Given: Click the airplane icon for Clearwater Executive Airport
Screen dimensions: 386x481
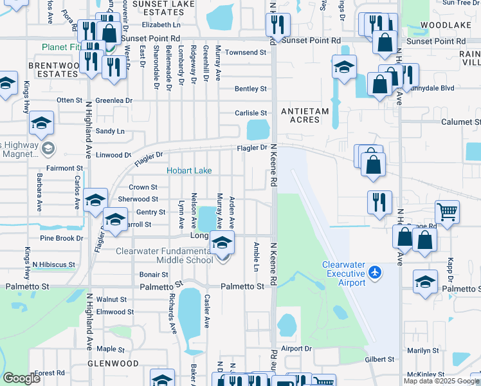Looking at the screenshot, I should point(376,273).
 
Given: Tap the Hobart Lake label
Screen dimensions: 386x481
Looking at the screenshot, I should point(189,171).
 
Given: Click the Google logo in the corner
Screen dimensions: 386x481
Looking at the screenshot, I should point(22,378).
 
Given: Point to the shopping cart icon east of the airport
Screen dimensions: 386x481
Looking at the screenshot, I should point(447,212).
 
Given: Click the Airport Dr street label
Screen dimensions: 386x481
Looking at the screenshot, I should point(296,348).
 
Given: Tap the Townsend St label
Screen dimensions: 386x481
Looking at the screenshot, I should point(245,52).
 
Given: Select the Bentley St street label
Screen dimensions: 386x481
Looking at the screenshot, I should point(250,89).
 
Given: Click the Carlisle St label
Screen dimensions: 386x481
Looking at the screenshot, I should point(250,113).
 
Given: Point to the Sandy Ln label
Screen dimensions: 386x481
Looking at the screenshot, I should point(110,131).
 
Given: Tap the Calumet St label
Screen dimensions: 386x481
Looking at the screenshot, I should point(460,122).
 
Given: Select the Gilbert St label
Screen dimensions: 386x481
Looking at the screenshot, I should point(379,359).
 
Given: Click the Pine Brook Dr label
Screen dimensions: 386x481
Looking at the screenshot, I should point(62,238).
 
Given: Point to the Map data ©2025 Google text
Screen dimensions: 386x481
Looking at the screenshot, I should point(440,381).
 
